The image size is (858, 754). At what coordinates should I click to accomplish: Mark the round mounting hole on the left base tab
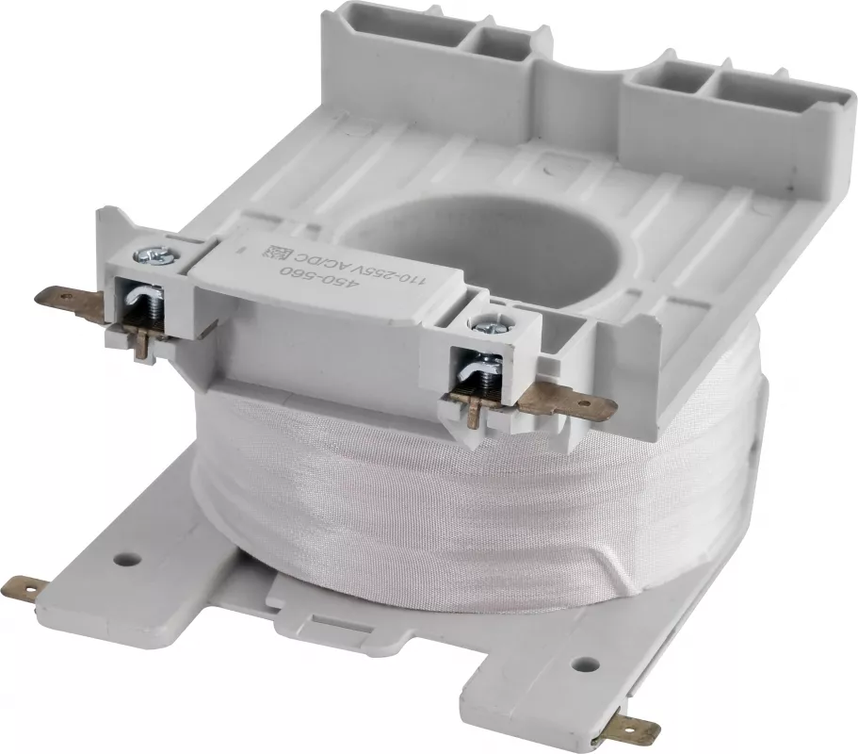click(x=128, y=560)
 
